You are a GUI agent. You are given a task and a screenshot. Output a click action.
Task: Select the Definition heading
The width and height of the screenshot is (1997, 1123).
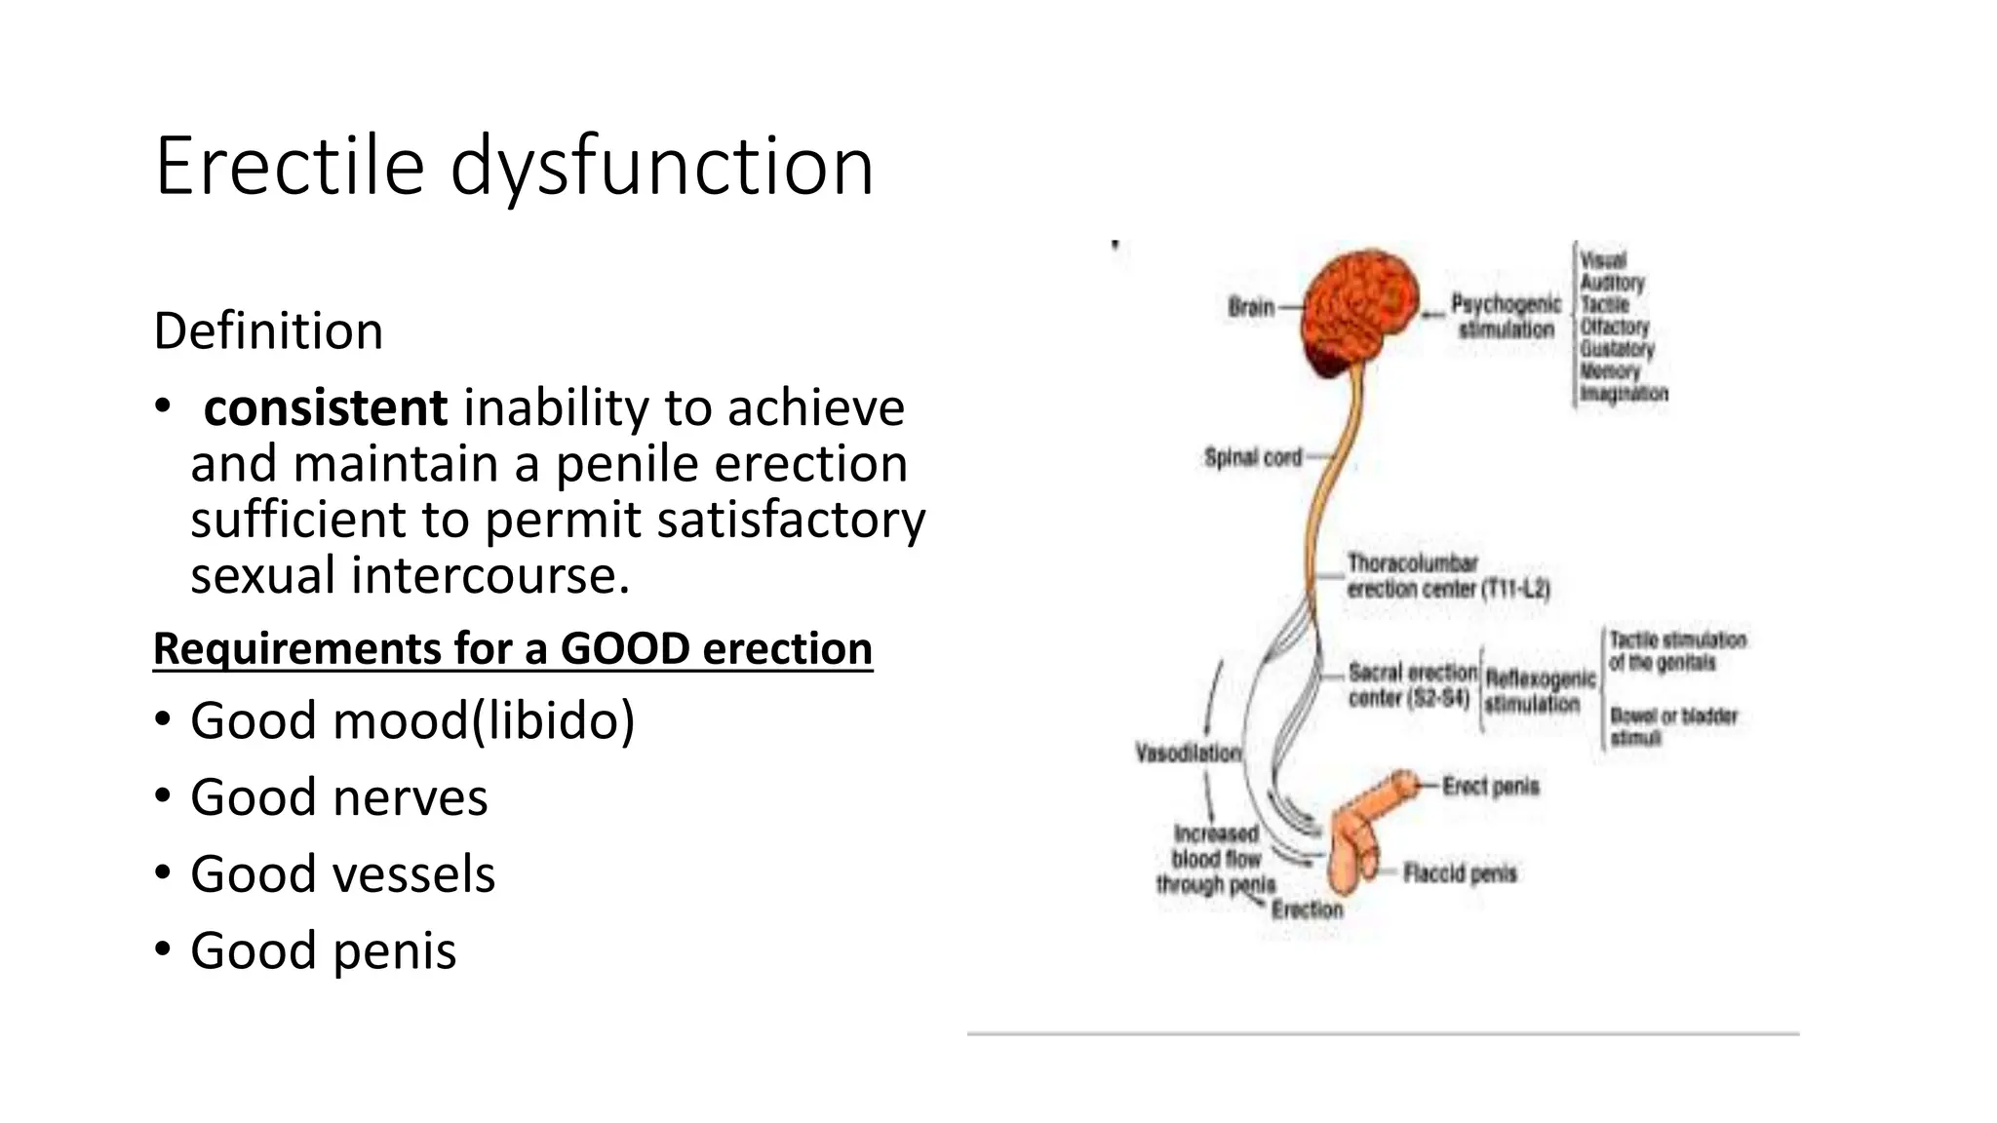tap(268, 330)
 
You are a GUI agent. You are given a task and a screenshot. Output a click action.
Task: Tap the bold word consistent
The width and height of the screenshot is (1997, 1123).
tap(325, 407)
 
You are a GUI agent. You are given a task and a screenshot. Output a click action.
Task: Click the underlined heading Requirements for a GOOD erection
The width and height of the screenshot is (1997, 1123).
tap(513, 648)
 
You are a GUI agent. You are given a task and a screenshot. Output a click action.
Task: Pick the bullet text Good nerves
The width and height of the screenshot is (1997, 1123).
tap(338, 797)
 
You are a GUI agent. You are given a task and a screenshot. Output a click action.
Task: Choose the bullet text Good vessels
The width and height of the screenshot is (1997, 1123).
tap(342, 873)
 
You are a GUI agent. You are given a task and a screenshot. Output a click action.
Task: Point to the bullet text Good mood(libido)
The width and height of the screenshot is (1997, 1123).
tap(411, 720)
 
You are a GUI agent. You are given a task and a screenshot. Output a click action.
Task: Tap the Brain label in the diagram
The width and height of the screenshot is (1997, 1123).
tap(1251, 307)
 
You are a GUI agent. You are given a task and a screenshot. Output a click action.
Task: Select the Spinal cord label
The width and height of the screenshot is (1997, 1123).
tap(1253, 456)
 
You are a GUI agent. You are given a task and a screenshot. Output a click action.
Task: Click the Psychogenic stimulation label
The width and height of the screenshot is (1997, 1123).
tap(1506, 317)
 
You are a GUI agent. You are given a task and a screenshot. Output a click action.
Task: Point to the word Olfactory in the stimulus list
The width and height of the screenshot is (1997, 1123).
tap(1615, 327)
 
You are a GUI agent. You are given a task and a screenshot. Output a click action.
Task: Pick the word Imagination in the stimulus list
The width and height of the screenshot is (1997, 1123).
tap(1624, 394)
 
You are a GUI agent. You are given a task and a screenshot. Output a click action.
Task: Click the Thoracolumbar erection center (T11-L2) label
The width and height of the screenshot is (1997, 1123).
tap(1447, 576)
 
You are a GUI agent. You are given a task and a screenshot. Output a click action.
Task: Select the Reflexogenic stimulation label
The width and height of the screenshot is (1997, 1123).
tap(1539, 690)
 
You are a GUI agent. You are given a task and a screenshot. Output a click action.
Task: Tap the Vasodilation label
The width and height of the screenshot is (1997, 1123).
tap(1189, 753)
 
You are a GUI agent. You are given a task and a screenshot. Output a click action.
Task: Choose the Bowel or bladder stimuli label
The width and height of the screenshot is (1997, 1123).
tap(1673, 726)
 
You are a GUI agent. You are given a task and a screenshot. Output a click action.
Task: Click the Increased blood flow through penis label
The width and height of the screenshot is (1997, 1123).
tap(1216, 859)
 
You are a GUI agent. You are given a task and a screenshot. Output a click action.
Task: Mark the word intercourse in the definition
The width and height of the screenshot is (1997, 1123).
tap(490, 575)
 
